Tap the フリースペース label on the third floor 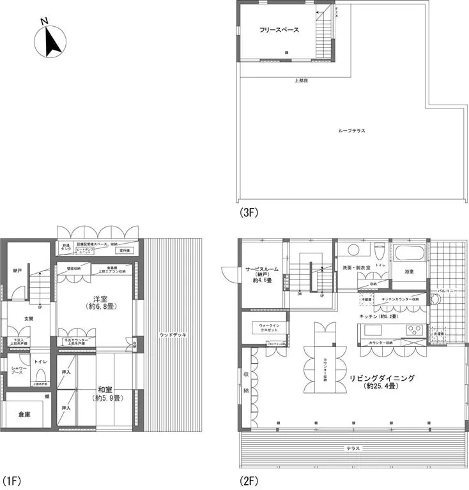279,30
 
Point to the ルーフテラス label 352,130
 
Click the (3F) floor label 248,214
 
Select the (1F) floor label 12,479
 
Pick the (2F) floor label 248,479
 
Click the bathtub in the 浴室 408,252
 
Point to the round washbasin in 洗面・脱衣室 351,250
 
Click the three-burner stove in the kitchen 414,330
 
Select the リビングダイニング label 382,378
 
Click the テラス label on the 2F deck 353,449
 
